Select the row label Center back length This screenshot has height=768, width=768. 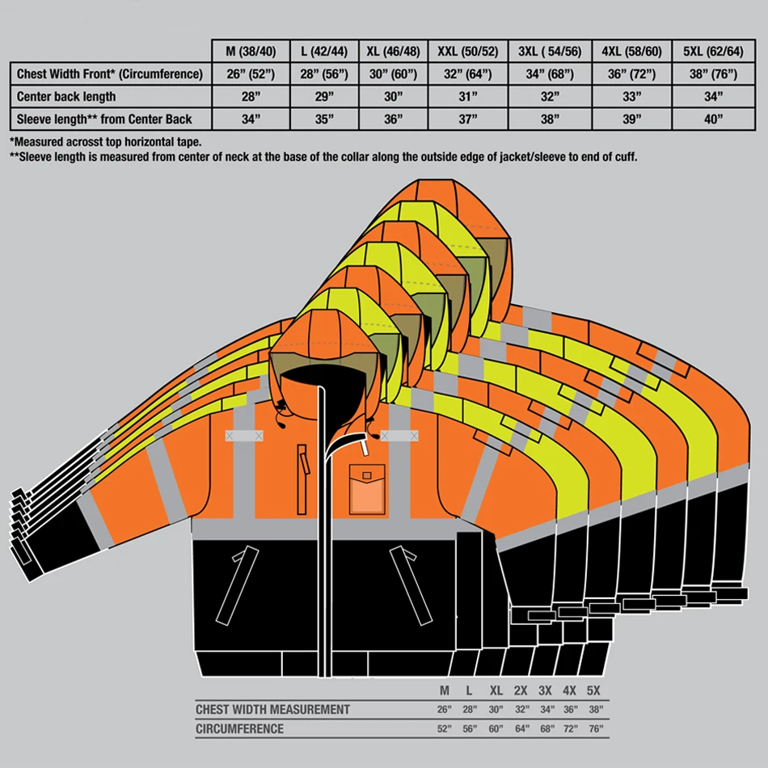tap(66, 97)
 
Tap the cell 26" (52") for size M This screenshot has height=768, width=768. tap(251, 74)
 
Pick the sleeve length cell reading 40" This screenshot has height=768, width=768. tap(712, 120)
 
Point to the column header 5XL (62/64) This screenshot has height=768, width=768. tap(712, 52)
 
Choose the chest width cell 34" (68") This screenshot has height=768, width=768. tap(550, 74)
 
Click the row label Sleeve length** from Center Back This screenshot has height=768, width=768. tap(104, 120)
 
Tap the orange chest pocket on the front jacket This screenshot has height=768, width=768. tap(366, 489)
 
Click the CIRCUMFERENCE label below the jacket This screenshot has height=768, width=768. tap(239, 729)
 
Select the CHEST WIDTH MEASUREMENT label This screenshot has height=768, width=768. tap(272, 710)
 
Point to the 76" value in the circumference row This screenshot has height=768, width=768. tap(595, 729)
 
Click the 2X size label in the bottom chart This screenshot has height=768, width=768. tap(521, 691)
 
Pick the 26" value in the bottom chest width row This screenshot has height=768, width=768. tap(445, 710)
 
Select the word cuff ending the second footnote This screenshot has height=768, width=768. tap(624, 157)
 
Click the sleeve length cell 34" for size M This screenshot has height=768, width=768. tap(251, 120)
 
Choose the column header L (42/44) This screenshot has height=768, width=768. tap(323, 52)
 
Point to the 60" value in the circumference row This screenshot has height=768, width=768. tap(496, 729)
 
